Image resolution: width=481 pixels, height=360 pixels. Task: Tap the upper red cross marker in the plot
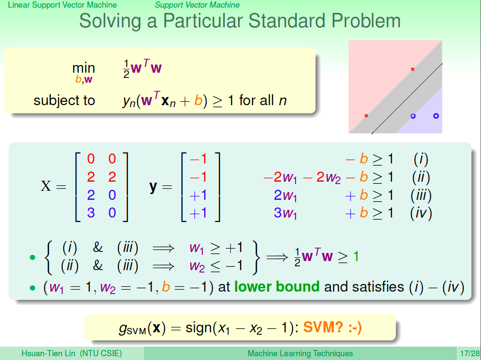coord(413,69)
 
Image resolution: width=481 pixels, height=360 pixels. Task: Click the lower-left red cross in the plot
coord(366,116)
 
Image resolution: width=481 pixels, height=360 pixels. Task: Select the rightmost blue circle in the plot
coord(436,116)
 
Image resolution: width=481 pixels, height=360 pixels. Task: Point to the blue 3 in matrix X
coord(91,213)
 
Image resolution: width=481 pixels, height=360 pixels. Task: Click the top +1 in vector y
coord(198,195)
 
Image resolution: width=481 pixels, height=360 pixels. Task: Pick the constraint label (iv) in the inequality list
coord(421,213)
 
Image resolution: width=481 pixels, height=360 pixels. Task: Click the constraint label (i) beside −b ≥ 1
coord(421,159)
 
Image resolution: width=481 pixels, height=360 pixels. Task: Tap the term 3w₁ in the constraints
coord(285,213)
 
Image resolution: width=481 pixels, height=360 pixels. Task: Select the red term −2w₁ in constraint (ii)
coord(280,177)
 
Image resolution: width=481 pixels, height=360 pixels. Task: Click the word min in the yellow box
coord(84,68)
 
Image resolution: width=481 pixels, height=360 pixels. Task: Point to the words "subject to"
coord(64,100)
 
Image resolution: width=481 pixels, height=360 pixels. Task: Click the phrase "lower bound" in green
coord(277,287)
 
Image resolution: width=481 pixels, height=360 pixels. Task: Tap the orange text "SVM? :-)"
coord(332,327)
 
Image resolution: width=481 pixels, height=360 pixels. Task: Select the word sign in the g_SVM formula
coord(198,328)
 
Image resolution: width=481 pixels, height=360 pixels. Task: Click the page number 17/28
coord(470,354)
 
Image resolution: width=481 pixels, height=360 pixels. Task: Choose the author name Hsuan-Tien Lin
coord(48,354)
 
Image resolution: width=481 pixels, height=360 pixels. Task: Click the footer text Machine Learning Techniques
coord(300,354)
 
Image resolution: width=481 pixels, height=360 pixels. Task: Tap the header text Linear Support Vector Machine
coord(62,5)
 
